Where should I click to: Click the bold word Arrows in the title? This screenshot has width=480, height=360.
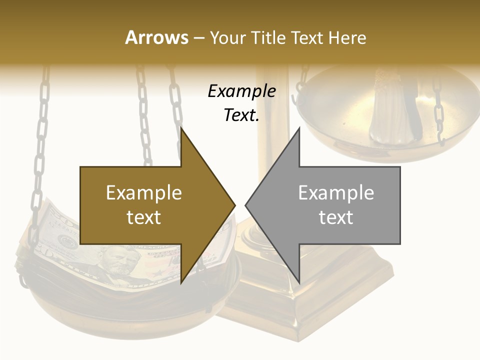pyautogui.click(x=156, y=37)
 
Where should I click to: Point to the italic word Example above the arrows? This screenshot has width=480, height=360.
pyautogui.click(x=241, y=91)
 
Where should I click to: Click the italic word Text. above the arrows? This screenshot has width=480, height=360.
pyautogui.click(x=241, y=115)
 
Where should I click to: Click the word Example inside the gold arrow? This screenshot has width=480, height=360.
pyautogui.click(x=144, y=193)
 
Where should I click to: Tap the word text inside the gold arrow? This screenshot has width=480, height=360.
pyautogui.click(x=144, y=217)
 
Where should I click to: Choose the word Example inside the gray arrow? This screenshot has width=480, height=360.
pyautogui.click(x=336, y=193)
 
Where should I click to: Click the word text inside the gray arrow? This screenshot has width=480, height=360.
pyautogui.click(x=336, y=217)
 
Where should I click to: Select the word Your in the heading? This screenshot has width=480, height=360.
pyautogui.click(x=228, y=37)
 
